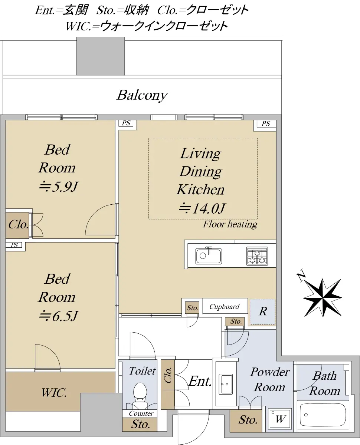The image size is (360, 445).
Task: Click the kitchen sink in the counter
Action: click(x=209, y=256)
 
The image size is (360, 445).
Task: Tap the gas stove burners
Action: click(x=257, y=256)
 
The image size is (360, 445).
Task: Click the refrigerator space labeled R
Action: click(x=263, y=311)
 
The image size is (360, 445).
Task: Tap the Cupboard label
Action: click(x=224, y=307)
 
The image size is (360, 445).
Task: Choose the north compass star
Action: click(x=323, y=298)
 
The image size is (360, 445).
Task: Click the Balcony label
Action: click(x=142, y=95)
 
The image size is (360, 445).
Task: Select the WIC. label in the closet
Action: click(x=54, y=393)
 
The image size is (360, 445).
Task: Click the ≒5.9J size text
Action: click(x=58, y=187)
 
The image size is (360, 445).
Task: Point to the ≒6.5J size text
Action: click(x=59, y=316)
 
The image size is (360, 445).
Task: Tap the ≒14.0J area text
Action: click(x=202, y=208)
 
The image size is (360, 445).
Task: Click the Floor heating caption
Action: click(x=230, y=225)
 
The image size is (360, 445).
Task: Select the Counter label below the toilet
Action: click(x=141, y=413)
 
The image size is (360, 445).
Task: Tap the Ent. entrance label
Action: click(x=200, y=381)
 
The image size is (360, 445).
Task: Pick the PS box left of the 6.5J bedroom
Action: click(x=14, y=245)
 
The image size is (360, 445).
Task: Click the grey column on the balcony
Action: click(x=101, y=56)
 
